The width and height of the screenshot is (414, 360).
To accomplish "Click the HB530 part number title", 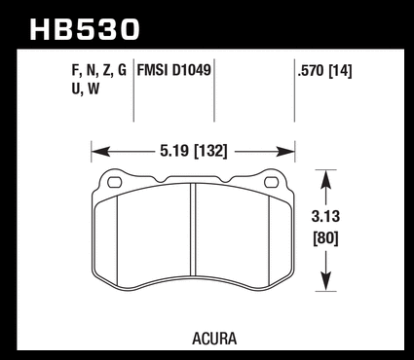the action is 85,30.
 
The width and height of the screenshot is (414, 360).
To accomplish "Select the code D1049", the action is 192,70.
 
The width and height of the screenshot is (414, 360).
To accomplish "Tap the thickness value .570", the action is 311,71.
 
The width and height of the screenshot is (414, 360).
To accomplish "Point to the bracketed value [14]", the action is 340,71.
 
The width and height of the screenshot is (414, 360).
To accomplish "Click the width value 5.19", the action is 174,151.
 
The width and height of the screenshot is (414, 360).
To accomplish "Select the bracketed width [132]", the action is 210,151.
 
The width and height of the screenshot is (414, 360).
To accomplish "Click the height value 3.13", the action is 325,216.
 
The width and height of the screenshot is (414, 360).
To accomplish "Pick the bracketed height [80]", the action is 325,239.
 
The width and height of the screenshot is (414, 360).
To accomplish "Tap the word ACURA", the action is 214,339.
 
